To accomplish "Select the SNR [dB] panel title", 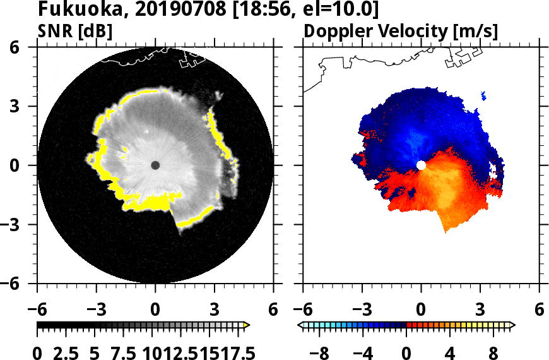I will (x=75, y=31).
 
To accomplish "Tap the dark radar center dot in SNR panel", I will (x=155, y=165).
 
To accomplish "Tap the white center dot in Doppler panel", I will (x=421, y=165).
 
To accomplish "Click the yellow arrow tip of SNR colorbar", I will (x=247, y=325).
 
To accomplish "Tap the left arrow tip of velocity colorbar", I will (x=300, y=325).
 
